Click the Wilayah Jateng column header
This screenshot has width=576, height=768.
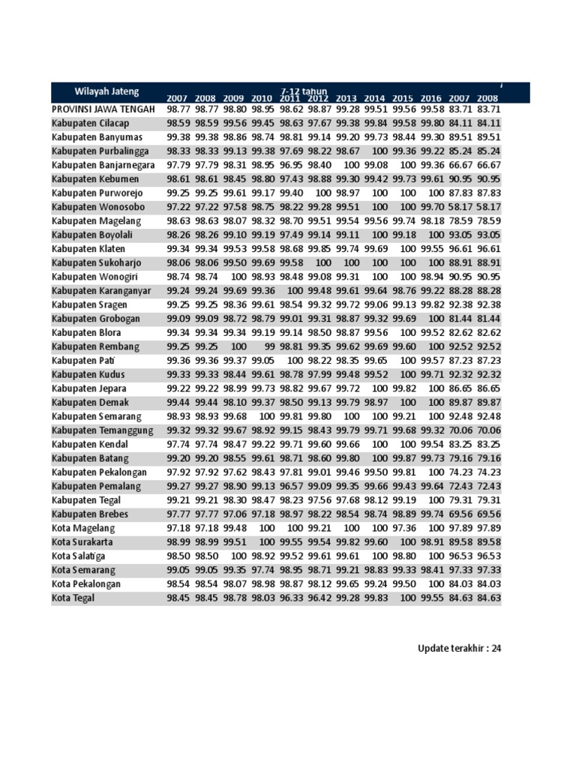[106, 91]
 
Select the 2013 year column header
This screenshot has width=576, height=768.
[346, 98]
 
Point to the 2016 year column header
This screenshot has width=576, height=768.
[430, 98]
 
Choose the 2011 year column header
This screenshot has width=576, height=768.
[289, 98]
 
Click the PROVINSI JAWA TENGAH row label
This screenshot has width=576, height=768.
[103, 109]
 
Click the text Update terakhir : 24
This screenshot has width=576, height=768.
[459, 649]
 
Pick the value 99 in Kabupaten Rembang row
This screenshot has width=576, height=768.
[267, 346]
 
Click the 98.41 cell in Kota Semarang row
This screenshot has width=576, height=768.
[430, 570]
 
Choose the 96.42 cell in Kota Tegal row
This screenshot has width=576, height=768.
[318, 598]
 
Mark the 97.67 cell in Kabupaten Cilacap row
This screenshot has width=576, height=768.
[318, 123]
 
